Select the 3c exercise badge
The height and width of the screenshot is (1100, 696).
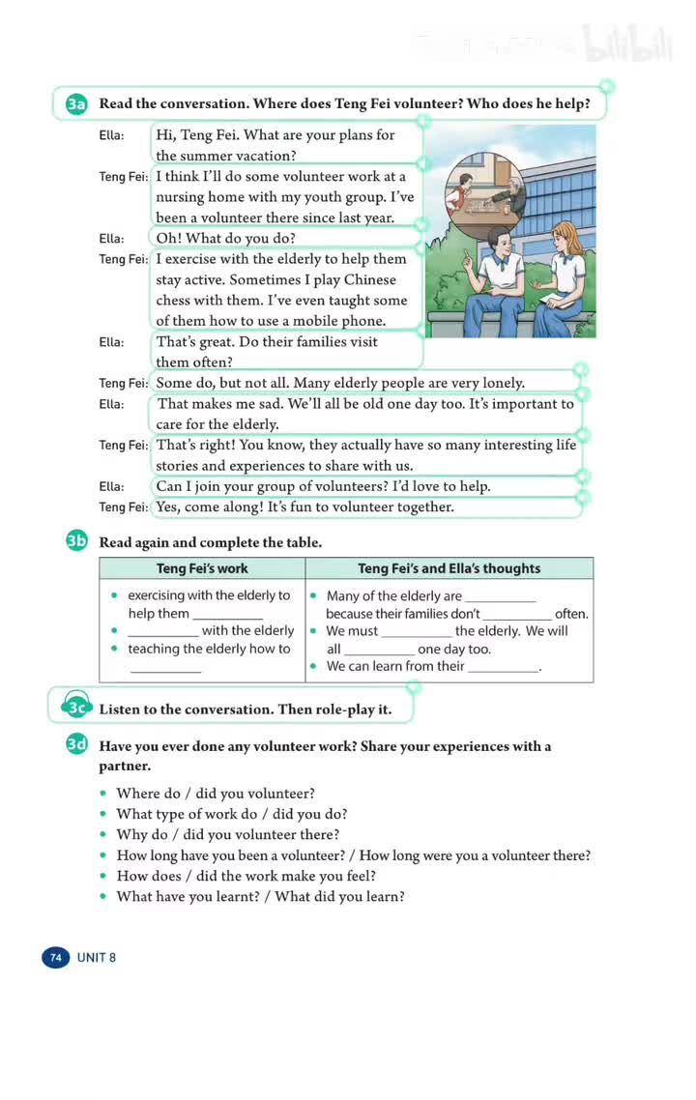click(x=77, y=709)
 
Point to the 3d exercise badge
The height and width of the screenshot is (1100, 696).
click(x=77, y=745)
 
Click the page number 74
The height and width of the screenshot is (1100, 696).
click(x=55, y=958)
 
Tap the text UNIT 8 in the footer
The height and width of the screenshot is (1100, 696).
click(x=97, y=958)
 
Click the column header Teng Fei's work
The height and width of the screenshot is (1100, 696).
click(x=202, y=568)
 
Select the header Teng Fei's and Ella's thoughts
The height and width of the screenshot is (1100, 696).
click(x=449, y=568)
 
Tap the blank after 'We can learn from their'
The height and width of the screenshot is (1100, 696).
click(x=503, y=667)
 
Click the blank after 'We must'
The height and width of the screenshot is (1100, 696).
click(x=416, y=632)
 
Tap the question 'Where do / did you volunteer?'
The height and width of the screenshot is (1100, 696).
click(x=216, y=794)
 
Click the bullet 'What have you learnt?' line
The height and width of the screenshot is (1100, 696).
click(x=260, y=896)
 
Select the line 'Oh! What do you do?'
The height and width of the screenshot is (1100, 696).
click(x=225, y=238)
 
